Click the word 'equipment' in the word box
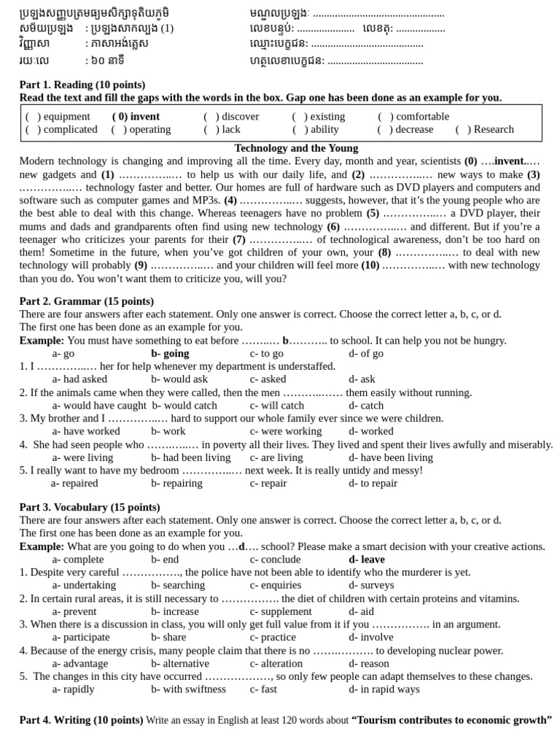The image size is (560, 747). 66,117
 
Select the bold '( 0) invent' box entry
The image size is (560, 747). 136,117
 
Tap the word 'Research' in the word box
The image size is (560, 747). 493,130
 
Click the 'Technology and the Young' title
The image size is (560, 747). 296,148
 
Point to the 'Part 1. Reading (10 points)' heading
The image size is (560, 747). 82,85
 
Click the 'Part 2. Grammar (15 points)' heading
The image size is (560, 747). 87,301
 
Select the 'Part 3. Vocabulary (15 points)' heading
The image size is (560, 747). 90,507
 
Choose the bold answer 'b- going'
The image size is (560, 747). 170,354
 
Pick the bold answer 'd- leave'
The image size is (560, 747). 367,560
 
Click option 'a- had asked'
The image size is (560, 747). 79,379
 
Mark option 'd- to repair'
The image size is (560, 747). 373,483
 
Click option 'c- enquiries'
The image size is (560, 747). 276,585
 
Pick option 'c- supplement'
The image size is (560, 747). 281,611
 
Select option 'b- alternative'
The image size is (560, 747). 180,664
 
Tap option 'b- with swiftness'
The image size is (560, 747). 189,689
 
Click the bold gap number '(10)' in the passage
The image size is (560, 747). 370,266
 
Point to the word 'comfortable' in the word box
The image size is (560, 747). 423,117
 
